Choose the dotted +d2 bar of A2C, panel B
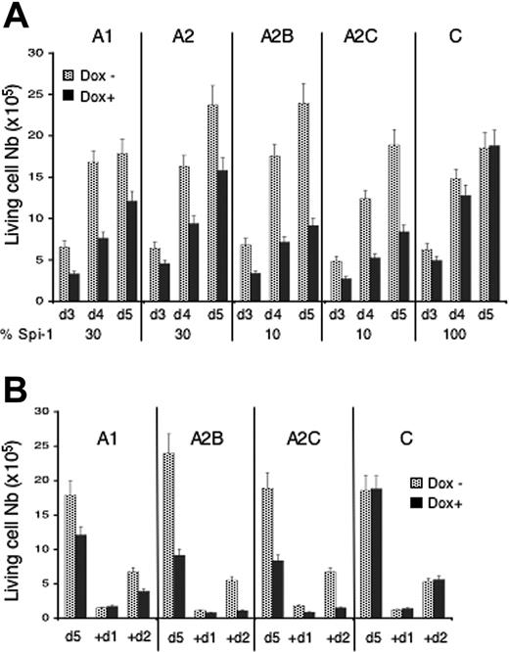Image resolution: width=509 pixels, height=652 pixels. tap(330, 607)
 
